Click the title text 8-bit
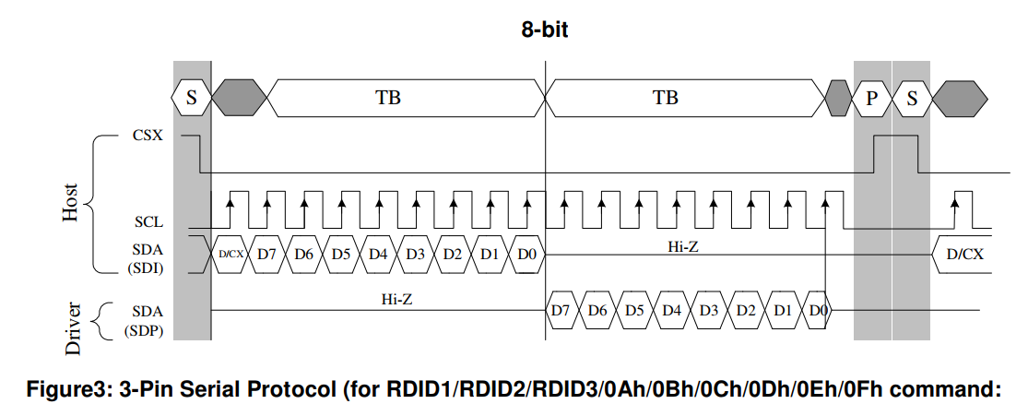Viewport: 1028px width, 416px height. (544, 30)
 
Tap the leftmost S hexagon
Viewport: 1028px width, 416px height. (192, 98)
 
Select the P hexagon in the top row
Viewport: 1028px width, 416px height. (871, 98)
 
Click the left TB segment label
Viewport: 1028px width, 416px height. (387, 98)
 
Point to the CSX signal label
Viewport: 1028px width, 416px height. (148, 137)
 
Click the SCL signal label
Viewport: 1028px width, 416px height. (148, 221)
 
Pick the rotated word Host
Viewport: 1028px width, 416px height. (70, 202)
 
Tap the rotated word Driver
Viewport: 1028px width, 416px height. (74, 328)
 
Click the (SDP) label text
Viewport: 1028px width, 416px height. (144, 331)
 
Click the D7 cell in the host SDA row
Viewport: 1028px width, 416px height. (266, 254)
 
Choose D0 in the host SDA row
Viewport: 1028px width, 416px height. (526, 254)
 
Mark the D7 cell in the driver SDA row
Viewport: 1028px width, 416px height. (561, 309)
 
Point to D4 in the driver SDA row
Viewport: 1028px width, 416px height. (671, 309)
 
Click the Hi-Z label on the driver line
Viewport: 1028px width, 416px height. (396, 299)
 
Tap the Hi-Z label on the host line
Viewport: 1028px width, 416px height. (682, 246)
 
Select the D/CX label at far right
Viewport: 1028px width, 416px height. (965, 254)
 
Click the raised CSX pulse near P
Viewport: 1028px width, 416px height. (895, 136)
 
